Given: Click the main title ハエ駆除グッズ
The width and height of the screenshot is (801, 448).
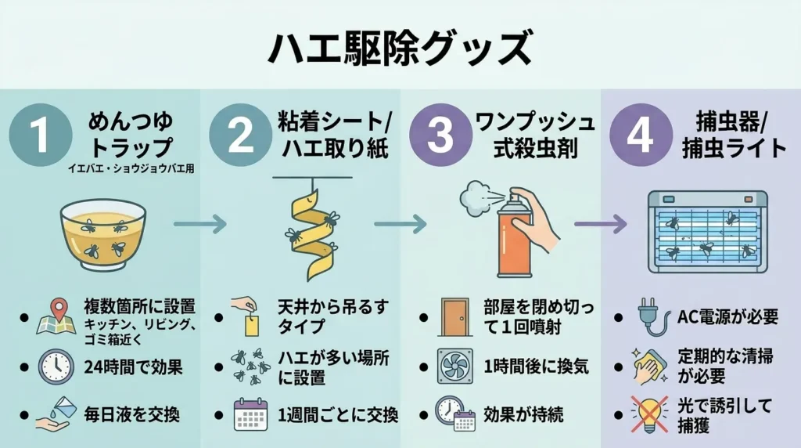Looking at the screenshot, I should [x=400, y=49].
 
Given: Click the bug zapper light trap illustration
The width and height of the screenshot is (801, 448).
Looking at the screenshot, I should [x=706, y=232].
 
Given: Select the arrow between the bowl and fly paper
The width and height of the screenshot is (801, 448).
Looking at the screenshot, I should [x=199, y=226].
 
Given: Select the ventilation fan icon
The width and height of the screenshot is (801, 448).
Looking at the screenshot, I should [x=454, y=366].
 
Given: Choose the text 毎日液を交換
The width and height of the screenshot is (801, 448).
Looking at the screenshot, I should [x=131, y=414].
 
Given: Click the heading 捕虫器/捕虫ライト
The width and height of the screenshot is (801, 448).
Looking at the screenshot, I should [x=730, y=135].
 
